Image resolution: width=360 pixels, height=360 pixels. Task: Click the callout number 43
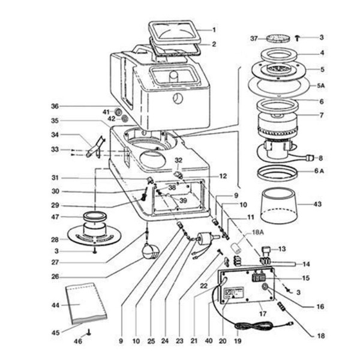coord(319,204)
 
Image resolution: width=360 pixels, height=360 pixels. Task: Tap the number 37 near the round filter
coord(254,38)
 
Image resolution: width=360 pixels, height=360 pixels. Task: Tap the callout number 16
coord(320,307)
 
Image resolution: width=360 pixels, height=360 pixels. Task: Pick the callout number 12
coord(223,176)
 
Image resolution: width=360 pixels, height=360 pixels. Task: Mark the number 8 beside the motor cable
coord(320,158)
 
